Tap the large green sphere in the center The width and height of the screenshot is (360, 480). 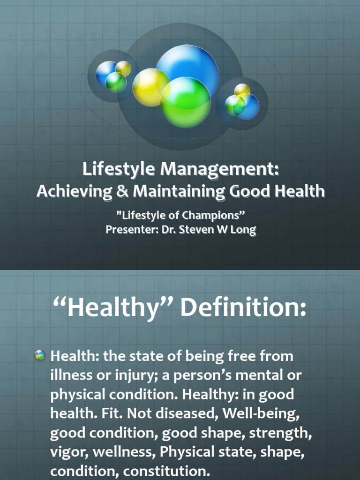(x=186, y=102)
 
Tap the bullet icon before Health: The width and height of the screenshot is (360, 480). (x=40, y=356)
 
